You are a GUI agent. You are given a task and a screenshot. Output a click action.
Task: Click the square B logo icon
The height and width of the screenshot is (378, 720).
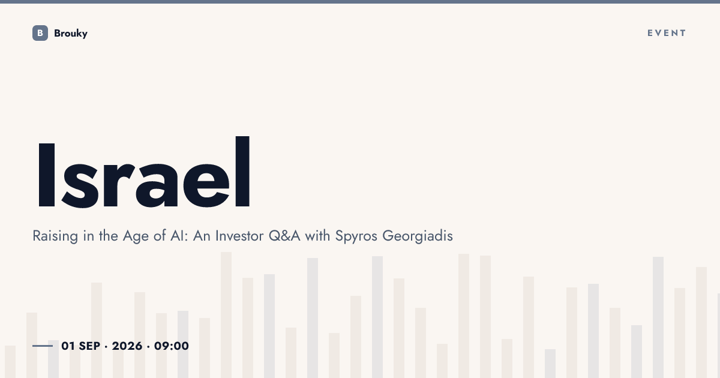point(40,33)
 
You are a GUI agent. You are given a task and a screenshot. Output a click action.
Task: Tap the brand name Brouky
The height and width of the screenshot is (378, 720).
point(71,34)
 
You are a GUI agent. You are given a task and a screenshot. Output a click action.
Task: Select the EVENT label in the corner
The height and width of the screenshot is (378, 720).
point(667,33)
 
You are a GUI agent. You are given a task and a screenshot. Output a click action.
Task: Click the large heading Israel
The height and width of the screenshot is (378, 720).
point(143,172)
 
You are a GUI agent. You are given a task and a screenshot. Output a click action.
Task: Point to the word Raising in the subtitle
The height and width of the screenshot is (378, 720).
point(55,236)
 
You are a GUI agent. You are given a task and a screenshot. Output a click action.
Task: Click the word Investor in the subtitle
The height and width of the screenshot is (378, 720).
point(239,236)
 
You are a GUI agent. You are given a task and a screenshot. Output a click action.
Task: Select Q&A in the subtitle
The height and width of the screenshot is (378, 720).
point(284,236)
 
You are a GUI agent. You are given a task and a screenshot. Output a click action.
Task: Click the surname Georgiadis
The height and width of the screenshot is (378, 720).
point(418,236)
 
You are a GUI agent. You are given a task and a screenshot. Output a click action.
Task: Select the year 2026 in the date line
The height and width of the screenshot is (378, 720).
point(127,346)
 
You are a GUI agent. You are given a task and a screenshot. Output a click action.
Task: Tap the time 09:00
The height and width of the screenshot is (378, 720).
point(172,346)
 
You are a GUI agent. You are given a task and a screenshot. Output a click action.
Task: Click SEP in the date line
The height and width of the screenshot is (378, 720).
point(89,346)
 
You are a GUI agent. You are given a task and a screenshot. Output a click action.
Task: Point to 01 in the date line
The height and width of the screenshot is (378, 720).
point(68,346)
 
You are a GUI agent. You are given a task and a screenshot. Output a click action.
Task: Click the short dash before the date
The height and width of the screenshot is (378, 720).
point(43,346)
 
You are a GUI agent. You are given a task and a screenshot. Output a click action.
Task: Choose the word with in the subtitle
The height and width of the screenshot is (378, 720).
point(317,236)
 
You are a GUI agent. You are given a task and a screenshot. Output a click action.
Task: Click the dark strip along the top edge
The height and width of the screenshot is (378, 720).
point(360,2)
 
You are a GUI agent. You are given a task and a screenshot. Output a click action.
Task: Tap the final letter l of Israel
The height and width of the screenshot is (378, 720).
point(242,172)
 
